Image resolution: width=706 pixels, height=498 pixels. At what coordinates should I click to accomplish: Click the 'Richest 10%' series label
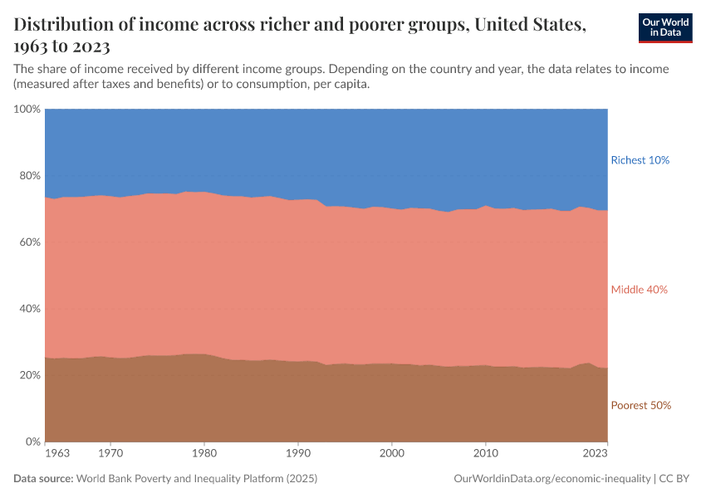click(x=640, y=160)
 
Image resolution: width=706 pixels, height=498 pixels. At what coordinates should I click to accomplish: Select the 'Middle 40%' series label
click(x=639, y=290)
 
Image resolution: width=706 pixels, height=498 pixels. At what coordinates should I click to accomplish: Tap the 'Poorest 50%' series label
click(x=640, y=406)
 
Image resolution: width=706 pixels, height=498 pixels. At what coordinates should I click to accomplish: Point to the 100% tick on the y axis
click(x=27, y=110)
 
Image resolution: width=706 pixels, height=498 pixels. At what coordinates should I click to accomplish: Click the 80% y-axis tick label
click(x=29, y=176)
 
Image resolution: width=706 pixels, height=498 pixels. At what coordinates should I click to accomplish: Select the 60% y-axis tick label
click(x=29, y=242)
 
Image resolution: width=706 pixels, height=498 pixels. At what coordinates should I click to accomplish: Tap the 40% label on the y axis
click(x=29, y=309)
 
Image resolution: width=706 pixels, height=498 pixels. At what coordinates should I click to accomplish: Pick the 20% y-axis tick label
click(x=29, y=375)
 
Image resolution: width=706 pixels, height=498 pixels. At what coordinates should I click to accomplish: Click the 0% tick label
click(x=32, y=442)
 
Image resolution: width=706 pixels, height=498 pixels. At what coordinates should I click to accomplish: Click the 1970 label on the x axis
click(x=111, y=455)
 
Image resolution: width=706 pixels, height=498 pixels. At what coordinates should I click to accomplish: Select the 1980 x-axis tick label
click(x=205, y=455)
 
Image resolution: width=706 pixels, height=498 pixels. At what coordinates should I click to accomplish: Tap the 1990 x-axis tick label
click(x=298, y=455)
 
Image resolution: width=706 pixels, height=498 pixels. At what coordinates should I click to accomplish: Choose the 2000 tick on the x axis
click(x=392, y=455)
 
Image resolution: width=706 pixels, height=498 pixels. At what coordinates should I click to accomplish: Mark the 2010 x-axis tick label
click(x=486, y=455)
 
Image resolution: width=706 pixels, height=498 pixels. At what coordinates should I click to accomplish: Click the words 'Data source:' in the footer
click(x=43, y=480)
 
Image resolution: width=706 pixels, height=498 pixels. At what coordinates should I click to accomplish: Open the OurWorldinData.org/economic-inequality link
click(x=552, y=480)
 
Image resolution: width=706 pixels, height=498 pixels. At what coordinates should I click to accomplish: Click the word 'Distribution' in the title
click(x=63, y=26)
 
